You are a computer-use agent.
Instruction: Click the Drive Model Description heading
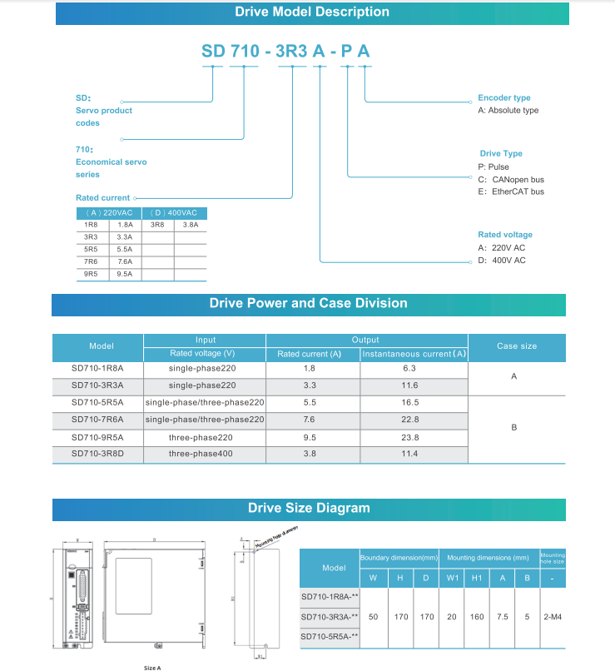point(311,12)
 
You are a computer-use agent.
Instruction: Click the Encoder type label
point(503,97)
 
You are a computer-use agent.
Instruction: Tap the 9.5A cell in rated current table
point(125,272)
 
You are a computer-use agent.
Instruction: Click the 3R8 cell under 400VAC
point(157,225)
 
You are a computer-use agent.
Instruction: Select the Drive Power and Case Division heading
point(308,303)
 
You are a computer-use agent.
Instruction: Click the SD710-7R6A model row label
point(97,420)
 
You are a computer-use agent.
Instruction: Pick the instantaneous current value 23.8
point(410,437)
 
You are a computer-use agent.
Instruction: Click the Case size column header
point(517,345)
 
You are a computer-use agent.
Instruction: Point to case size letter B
point(513,427)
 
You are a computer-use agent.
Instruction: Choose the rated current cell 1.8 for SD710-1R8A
point(309,367)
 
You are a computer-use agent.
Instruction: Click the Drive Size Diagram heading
point(309,508)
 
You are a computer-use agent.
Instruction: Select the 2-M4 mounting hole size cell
point(552,617)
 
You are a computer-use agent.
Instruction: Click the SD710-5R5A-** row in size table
point(330,637)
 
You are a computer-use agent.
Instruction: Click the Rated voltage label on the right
point(505,235)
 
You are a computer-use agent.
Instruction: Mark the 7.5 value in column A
point(503,617)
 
